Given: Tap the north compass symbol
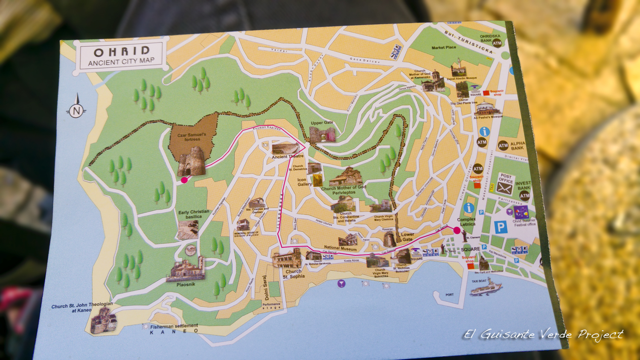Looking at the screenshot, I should point(76,111).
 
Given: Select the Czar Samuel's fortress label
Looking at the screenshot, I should point(192,137).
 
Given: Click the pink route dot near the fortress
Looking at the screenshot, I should point(184,180).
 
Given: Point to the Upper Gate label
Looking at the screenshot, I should point(322,123).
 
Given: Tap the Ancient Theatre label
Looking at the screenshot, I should point(288,157).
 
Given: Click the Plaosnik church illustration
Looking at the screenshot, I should point(186,270).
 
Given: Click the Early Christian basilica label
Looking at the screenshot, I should point(194,214).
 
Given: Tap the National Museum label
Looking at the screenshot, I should point(340,248).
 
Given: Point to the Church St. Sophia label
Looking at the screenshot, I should point(294,274).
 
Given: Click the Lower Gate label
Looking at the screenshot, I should point(407,237).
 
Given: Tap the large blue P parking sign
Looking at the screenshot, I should point(500,227).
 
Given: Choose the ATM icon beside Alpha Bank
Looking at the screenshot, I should point(503,146).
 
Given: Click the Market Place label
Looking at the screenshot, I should point(443,48).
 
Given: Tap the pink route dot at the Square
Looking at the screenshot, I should point(457,230).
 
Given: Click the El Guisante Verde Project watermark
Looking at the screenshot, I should point(543,335).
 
